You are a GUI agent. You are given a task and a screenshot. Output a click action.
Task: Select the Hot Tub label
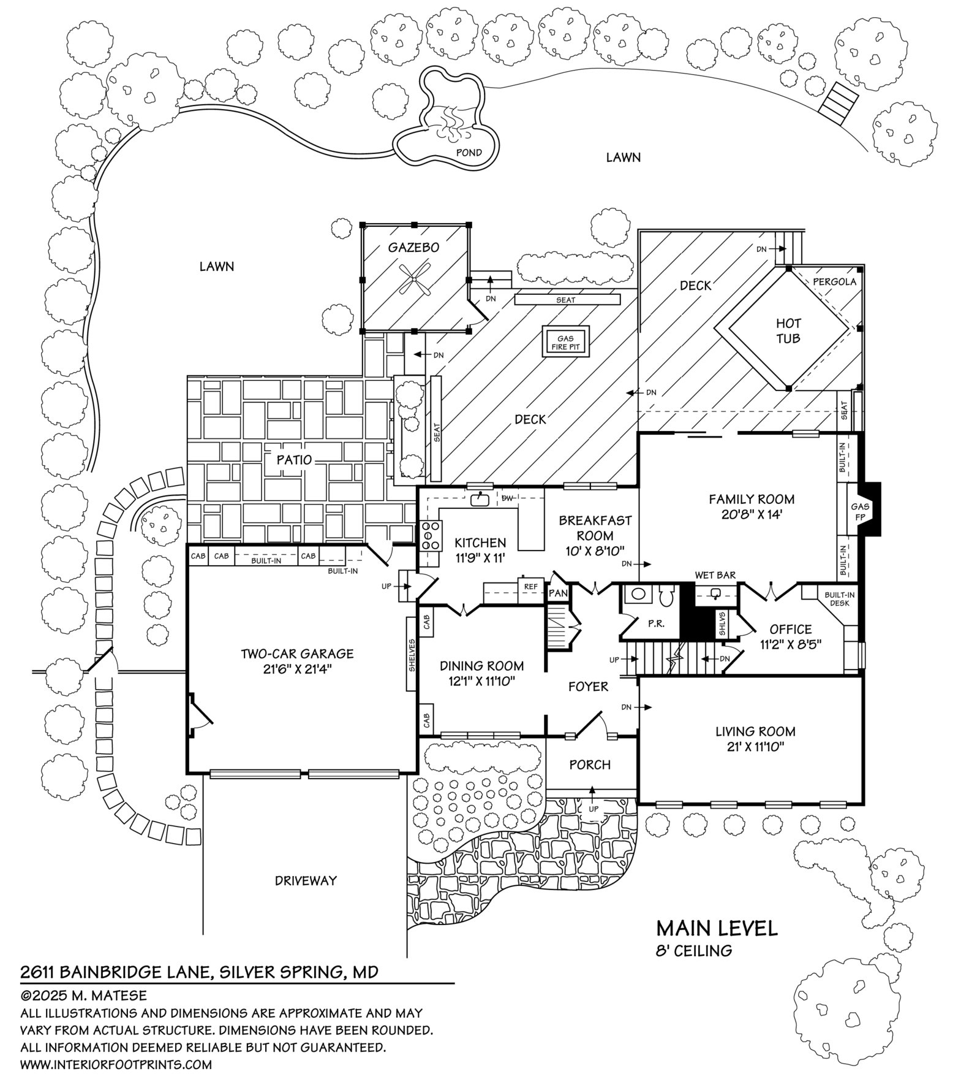(788, 330)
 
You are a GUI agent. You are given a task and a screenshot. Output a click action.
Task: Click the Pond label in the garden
(469, 152)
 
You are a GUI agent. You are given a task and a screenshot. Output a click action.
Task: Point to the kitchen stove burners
(430, 535)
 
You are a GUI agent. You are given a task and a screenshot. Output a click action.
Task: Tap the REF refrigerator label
(530, 587)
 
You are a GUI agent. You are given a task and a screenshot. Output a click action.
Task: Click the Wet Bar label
(715, 576)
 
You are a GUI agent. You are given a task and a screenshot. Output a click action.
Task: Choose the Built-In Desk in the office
(839, 599)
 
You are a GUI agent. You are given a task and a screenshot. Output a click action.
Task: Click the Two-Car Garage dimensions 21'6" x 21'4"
(297, 669)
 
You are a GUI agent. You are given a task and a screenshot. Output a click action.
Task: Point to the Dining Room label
(481, 665)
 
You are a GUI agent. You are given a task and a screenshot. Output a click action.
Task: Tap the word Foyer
(588, 687)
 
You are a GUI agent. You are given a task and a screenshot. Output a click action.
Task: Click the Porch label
(590, 764)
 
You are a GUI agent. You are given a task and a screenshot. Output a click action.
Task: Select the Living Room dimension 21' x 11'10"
(755, 747)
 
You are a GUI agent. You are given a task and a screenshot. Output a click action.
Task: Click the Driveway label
(306, 880)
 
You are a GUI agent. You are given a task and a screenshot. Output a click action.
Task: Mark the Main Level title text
(717, 928)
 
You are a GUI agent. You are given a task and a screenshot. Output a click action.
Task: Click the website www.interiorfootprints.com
(116, 1064)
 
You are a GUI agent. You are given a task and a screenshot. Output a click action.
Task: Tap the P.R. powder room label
(655, 623)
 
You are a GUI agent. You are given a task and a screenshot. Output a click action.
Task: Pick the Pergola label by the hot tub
(834, 282)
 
